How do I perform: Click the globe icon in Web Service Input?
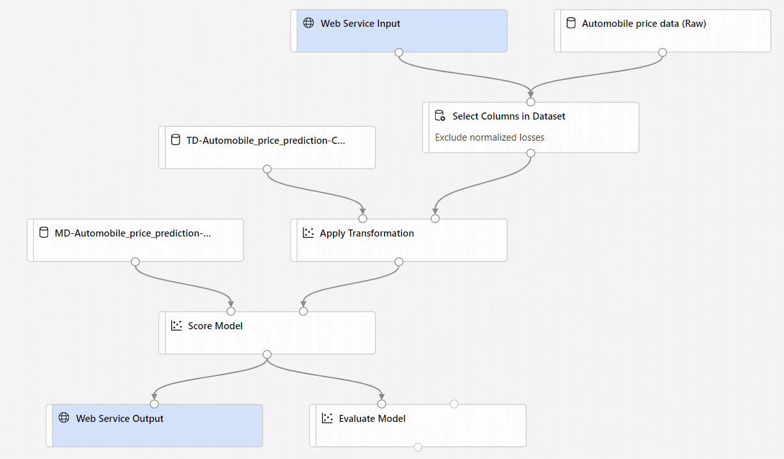coord(309,23)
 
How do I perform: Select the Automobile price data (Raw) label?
coord(643,24)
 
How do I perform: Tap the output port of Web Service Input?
coord(399,52)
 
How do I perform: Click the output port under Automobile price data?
coord(663,52)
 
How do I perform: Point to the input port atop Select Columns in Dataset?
coord(530,102)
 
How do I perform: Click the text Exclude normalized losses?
coord(489,137)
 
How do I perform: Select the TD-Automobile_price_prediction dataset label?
coord(265,140)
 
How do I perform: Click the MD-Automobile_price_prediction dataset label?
coord(132,233)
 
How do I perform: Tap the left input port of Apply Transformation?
coord(363,219)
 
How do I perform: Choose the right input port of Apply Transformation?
coord(435,219)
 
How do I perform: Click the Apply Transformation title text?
coord(367,233)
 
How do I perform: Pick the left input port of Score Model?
coord(231,311)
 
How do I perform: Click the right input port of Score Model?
coord(304,311)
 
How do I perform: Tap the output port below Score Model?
coord(267,354)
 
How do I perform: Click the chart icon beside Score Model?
coord(177,325)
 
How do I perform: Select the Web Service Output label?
coord(119,419)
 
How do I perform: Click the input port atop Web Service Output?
coord(154,404)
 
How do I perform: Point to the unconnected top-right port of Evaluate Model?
coord(454,404)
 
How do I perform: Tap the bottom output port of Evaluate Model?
coord(418,447)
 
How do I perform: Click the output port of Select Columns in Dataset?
coord(530,153)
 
